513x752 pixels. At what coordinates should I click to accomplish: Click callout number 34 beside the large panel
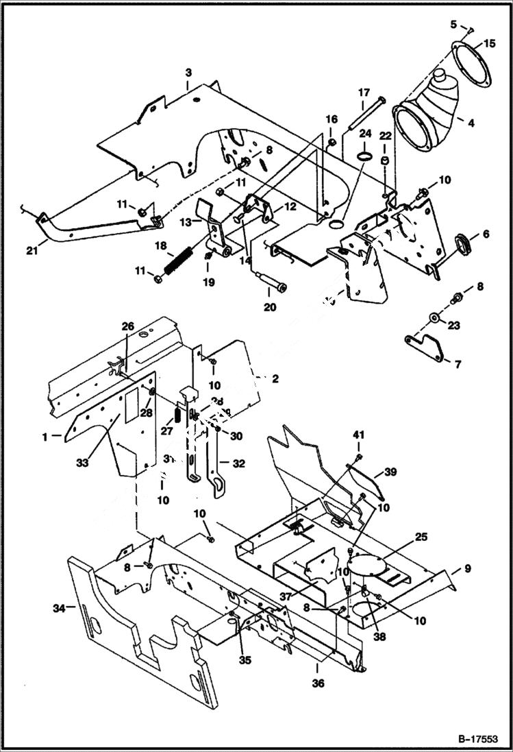[59, 607]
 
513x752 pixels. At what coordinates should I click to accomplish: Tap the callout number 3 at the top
[188, 72]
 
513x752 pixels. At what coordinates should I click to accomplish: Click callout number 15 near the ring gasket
[489, 43]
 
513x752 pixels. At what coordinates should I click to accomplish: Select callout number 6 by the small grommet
[485, 234]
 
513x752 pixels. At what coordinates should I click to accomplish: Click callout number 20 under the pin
[270, 307]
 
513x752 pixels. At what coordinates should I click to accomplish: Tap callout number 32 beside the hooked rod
[238, 463]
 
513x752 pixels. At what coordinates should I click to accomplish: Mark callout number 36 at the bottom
[318, 683]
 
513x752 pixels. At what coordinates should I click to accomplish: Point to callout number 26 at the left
[127, 326]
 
